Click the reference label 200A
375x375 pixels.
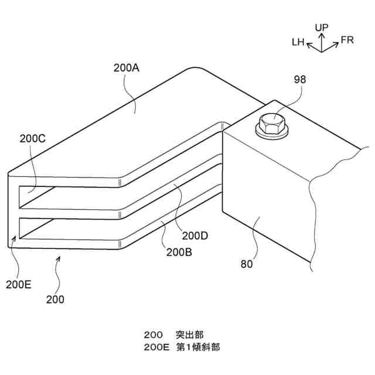click(x=126, y=67)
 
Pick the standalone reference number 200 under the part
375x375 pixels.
click(x=55, y=299)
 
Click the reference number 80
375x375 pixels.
click(x=247, y=264)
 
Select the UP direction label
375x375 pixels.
click(x=322, y=27)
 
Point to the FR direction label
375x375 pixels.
click(x=347, y=40)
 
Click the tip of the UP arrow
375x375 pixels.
click(x=322, y=33)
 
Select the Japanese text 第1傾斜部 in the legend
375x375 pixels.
click(x=199, y=346)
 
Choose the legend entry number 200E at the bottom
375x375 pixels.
click(x=156, y=346)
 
